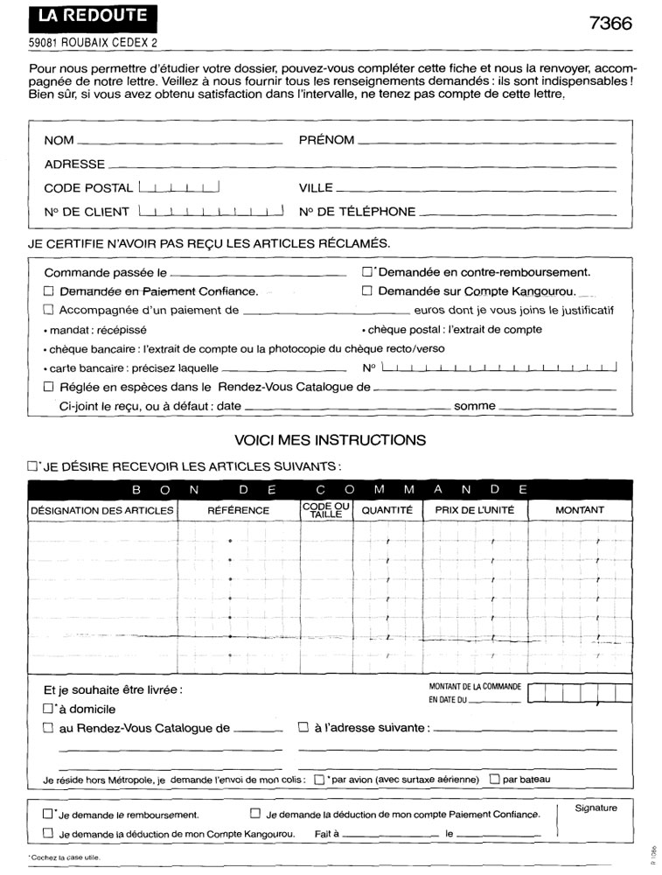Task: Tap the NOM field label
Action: [x=59, y=140]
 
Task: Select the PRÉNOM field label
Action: [x=326, y=140]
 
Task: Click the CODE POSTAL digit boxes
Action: [x=178, y=186]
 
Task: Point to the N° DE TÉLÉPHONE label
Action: [x=357, y=211]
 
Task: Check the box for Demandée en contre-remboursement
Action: [x=367, y=271]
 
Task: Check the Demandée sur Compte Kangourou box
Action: [x=367, y=290]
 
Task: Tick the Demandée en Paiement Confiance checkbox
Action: [x=49, y=290]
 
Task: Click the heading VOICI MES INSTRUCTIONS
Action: [x=331, y=439]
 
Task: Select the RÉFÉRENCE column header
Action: [x=239, y=510]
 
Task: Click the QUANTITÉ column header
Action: [x=387, y=510]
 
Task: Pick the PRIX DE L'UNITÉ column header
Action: [x=475, y=510]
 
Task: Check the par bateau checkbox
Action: [x=495, y=779]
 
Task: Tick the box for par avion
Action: [x=319, y=779]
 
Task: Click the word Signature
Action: [x=596, y=808]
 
